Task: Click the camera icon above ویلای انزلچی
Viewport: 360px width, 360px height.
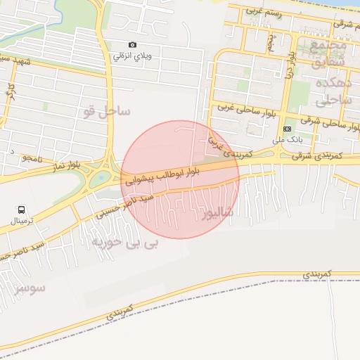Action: (133, 44)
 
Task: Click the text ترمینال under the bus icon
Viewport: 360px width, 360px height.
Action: (27, 221)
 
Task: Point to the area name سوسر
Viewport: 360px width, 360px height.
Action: (28, 288)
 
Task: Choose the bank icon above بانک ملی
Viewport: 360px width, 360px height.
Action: (288, 129)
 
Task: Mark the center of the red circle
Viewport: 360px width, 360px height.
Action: (180, 179)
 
